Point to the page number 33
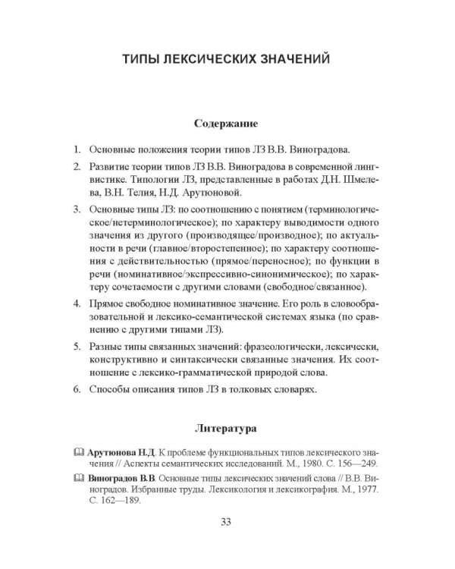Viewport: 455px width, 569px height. (x=226, y=520)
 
